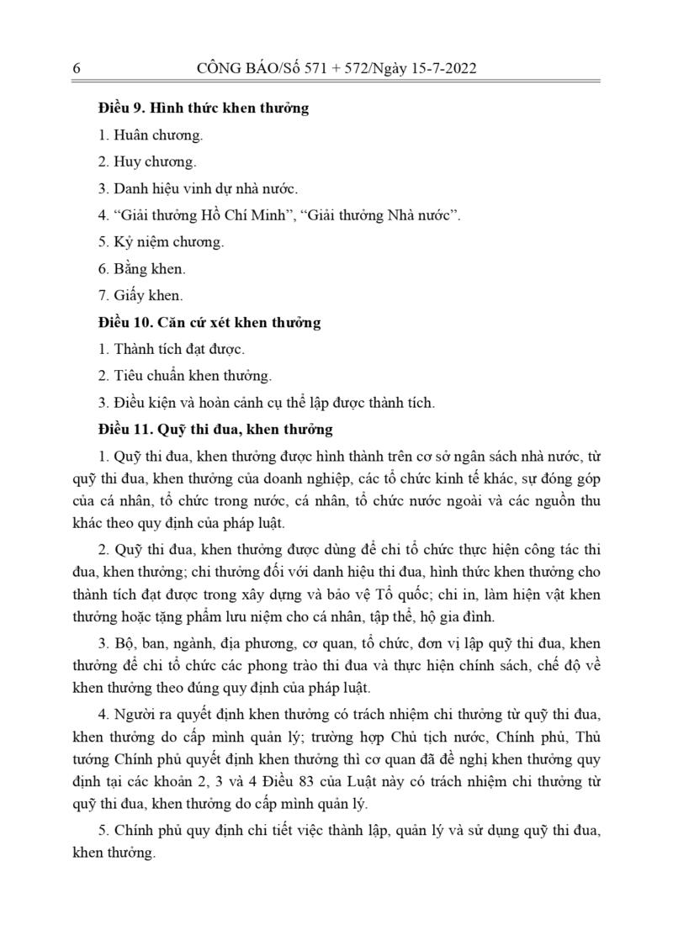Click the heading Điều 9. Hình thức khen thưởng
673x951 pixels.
point(203,108)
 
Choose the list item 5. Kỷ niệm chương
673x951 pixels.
point(161,242)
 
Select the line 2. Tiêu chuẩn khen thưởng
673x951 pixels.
point(185,376)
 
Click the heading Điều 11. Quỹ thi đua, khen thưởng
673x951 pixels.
point(215,430)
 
